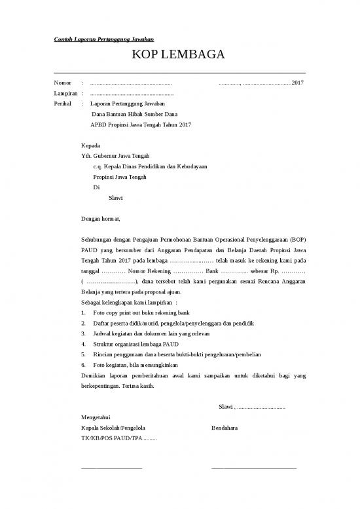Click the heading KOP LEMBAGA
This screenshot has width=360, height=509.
tap(179, 55)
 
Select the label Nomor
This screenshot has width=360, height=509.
tap(62, 83)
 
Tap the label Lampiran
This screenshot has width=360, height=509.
tap(65, 94)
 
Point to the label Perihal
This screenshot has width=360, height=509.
tap(63, 104)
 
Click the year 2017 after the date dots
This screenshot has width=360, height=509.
tap(297, 83)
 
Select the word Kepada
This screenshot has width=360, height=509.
tap(90, 145)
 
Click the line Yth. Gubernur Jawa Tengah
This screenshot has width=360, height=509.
tap(115, 156)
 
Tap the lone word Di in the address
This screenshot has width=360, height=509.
tap(97, 187)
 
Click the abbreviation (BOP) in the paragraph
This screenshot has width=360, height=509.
tap(293, 240)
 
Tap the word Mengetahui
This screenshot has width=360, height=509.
tap(96, 417)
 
